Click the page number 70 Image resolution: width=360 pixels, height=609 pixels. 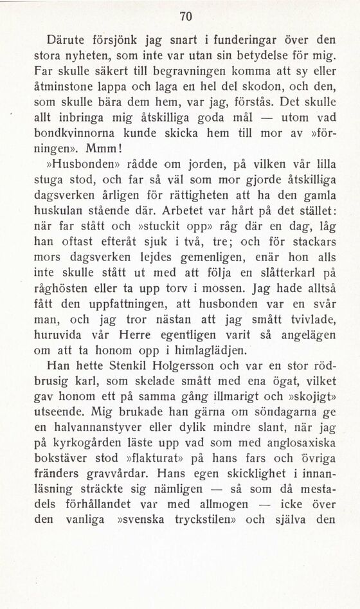coord(186,15)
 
